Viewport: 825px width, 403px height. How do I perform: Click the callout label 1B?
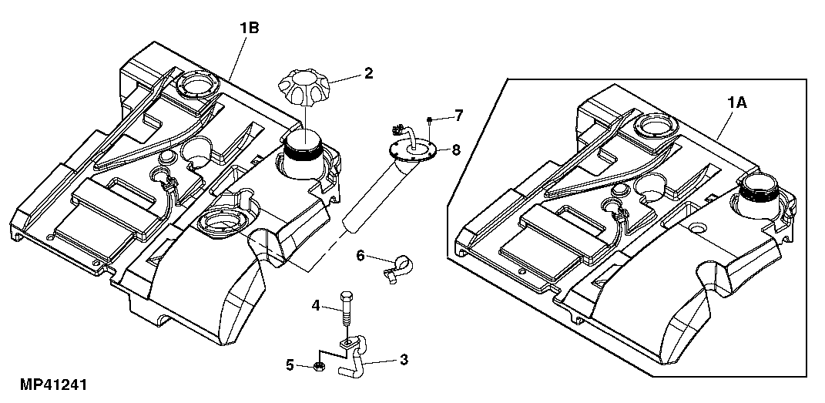pos(249,29)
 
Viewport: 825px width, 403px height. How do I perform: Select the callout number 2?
pos(368,74)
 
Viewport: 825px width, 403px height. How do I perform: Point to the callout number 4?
pos(316,305)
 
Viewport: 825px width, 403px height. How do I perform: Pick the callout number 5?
pos(290,364)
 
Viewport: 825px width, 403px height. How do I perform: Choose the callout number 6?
pos(360,254)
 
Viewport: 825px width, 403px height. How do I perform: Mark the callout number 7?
pos(458,116)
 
